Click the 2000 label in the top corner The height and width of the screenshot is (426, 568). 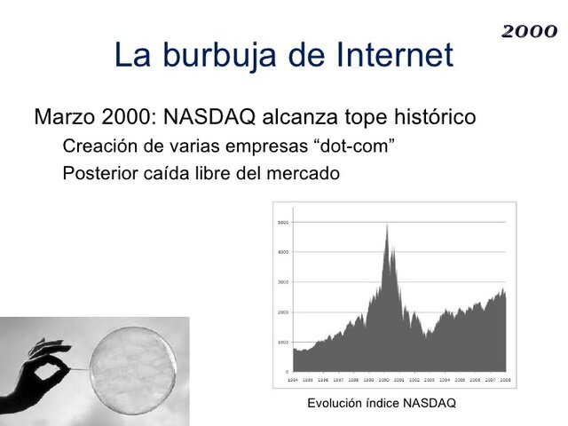click(529, 32)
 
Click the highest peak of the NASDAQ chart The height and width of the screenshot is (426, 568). click(387, 225)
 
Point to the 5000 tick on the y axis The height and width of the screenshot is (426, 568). click(282, 222)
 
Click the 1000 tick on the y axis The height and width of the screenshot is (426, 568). click(282, 342)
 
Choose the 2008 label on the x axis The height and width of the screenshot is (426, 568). click(503, 378)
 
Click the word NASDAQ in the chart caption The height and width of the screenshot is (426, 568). click(429, 403)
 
